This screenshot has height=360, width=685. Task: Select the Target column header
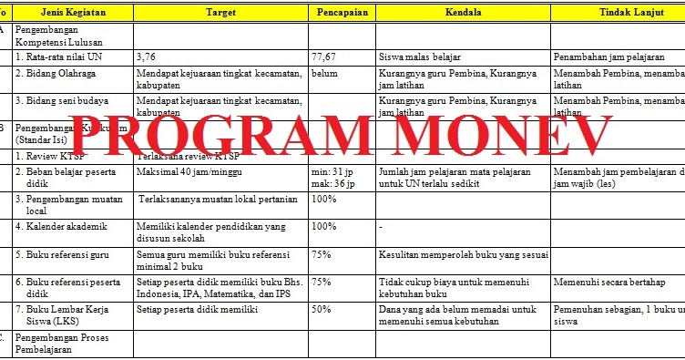coord(220,12)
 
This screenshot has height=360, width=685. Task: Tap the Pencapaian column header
coord(342,12)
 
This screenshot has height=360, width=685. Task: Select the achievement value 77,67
coord(323,57)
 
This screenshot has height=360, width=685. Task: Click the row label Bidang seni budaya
coord(58,100)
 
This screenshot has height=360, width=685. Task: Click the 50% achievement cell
coord(322,310)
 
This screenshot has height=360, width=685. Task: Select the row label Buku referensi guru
coord(62,256)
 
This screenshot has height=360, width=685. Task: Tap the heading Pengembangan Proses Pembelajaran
coord(64,344)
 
